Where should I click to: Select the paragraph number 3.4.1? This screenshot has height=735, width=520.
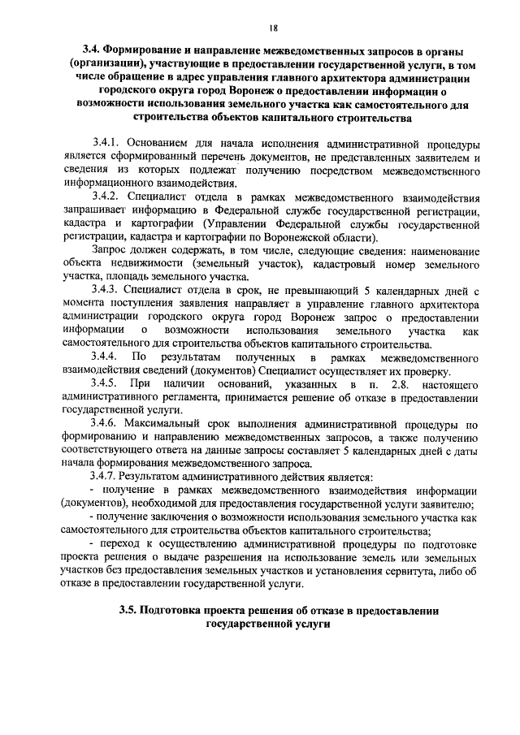point(108,144)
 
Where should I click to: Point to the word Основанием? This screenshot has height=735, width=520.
point(162,144)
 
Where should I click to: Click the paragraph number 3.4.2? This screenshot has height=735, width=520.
point(108,197)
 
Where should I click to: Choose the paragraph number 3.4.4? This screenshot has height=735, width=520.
point(108,358)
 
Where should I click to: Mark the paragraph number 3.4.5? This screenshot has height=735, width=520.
point(108,385)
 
